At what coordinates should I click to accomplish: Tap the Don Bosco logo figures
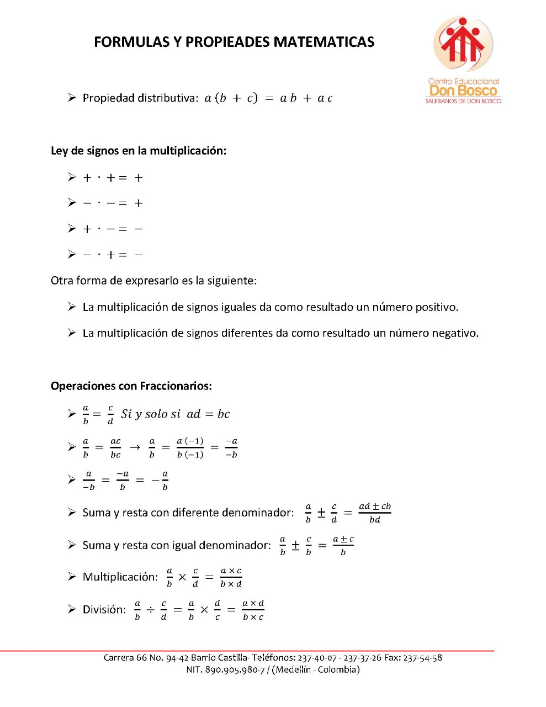tap(463, 43)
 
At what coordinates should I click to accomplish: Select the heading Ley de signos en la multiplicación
tap(139, 151)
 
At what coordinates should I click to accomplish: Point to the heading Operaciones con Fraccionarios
tap(131, 386)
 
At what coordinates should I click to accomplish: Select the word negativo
tap(454, 333)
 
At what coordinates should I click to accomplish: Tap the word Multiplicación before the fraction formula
tap(120, 577)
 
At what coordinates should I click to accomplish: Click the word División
tap(104, 610)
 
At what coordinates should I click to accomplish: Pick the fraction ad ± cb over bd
tap(375, 513)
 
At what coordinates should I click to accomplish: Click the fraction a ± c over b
tap(343, 545)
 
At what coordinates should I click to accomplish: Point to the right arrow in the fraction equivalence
tap(135, 447)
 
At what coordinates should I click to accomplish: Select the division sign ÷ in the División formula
tap(150, 610)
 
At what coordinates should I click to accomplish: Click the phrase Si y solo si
tap(151, 414)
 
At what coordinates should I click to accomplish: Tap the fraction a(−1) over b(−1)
tap(190, 447)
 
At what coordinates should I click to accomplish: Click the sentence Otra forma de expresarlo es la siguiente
tap(153, 281)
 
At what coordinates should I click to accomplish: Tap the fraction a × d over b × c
tap(253, 610)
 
